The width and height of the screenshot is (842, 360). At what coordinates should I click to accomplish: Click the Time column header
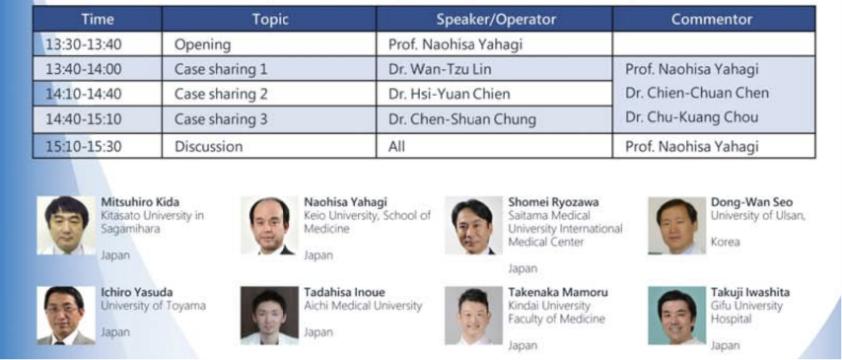[x=98, y=20]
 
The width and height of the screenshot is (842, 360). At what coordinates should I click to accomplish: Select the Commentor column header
[x=712, y=20]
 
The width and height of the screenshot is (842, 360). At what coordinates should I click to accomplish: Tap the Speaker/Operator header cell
[x=495, y=20]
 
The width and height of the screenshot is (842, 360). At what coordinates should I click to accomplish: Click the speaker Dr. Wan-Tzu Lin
[x=440, y=69]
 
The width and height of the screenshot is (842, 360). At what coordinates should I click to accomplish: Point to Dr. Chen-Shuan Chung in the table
[x=461, y=119]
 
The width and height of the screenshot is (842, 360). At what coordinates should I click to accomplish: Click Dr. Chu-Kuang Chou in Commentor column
[x=692, y=117]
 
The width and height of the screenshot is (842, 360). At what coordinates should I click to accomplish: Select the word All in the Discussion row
[x=396, y=146]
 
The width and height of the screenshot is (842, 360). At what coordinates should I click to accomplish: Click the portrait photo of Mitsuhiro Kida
[x=66, y=225]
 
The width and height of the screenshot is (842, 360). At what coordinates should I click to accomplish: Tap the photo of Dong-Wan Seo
[x=676, y=225]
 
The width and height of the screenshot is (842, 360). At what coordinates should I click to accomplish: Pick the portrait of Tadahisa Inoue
[x=269, y=316]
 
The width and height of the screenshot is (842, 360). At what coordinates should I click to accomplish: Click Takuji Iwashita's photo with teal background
[x=676, y=316]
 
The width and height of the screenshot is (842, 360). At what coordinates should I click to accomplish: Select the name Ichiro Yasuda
[x=137, y=293]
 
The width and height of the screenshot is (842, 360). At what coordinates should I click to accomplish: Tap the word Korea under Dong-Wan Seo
[x=725, y=243]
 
